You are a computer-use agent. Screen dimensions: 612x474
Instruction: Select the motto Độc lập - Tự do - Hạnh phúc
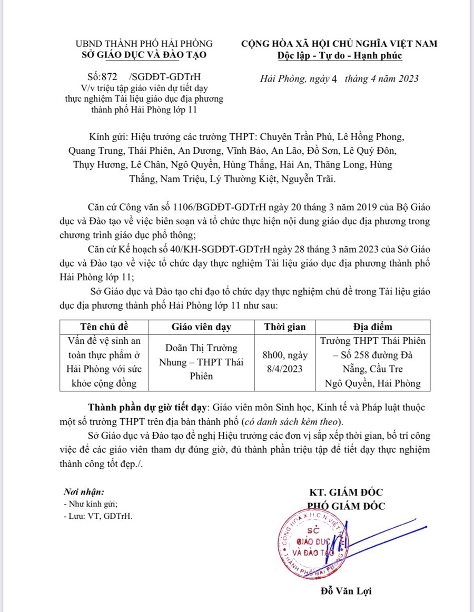tap(340, 55)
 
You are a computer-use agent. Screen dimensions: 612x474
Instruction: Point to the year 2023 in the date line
tap(407, 79)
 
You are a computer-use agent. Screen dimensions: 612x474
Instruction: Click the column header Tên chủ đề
tap(104, 327)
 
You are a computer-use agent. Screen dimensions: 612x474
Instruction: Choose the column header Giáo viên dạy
tap(202, 327)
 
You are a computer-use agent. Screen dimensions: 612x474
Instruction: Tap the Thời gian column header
tap(284, 327)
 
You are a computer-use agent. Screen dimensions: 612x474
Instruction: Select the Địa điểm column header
tap(372, 327)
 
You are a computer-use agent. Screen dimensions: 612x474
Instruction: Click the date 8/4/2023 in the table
tap(284, 369)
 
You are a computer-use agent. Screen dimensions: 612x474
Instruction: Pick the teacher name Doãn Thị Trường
tap(202, 348)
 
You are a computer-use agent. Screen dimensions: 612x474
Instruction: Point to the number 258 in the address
tap(370, 355)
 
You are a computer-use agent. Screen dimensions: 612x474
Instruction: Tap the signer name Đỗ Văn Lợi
tap(347, 591)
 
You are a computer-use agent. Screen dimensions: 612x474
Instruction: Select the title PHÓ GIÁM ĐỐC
tap(347, 506)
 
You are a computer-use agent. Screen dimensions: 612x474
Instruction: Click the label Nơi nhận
tap(80, 492)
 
